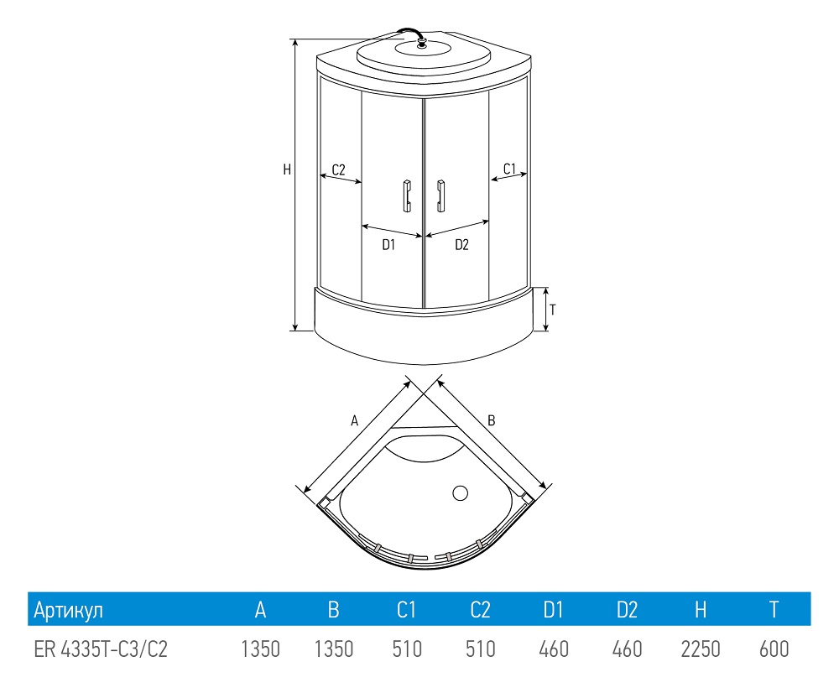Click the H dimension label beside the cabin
point(287,169)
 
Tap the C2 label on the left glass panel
point(339,170)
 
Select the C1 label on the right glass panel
point(509,169)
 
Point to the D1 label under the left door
point(388,245)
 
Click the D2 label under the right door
point(461,245)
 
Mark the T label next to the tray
point(553,310)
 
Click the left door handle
point(407,195)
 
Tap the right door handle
point(441,195)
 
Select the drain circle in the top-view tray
point(460,493)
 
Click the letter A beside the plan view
point(354,421)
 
